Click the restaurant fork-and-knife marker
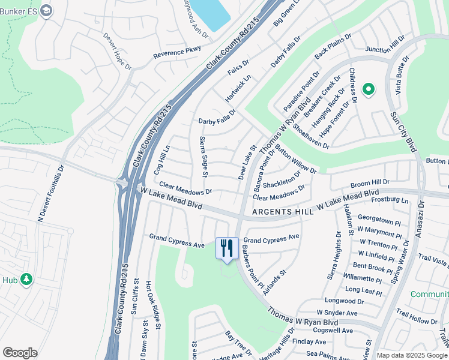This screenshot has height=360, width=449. (226, 247)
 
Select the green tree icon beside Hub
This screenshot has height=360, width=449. (26, 279)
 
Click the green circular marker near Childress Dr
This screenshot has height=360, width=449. (368, 90)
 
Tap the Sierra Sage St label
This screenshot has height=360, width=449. (202, 157)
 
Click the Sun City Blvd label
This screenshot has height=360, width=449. (403, 131)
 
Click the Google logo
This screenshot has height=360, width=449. (20, 353)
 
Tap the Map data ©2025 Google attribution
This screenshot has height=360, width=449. (411, 355)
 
